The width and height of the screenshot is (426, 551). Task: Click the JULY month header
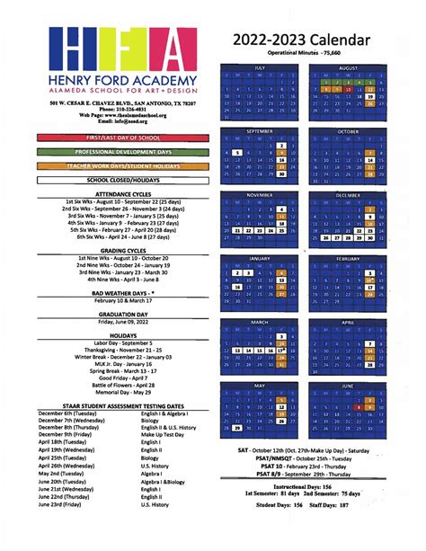point(260,67)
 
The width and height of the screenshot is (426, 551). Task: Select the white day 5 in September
point(236,153)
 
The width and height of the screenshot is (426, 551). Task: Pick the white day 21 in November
point(236,230)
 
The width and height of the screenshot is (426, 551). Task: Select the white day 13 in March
point(236,350)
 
